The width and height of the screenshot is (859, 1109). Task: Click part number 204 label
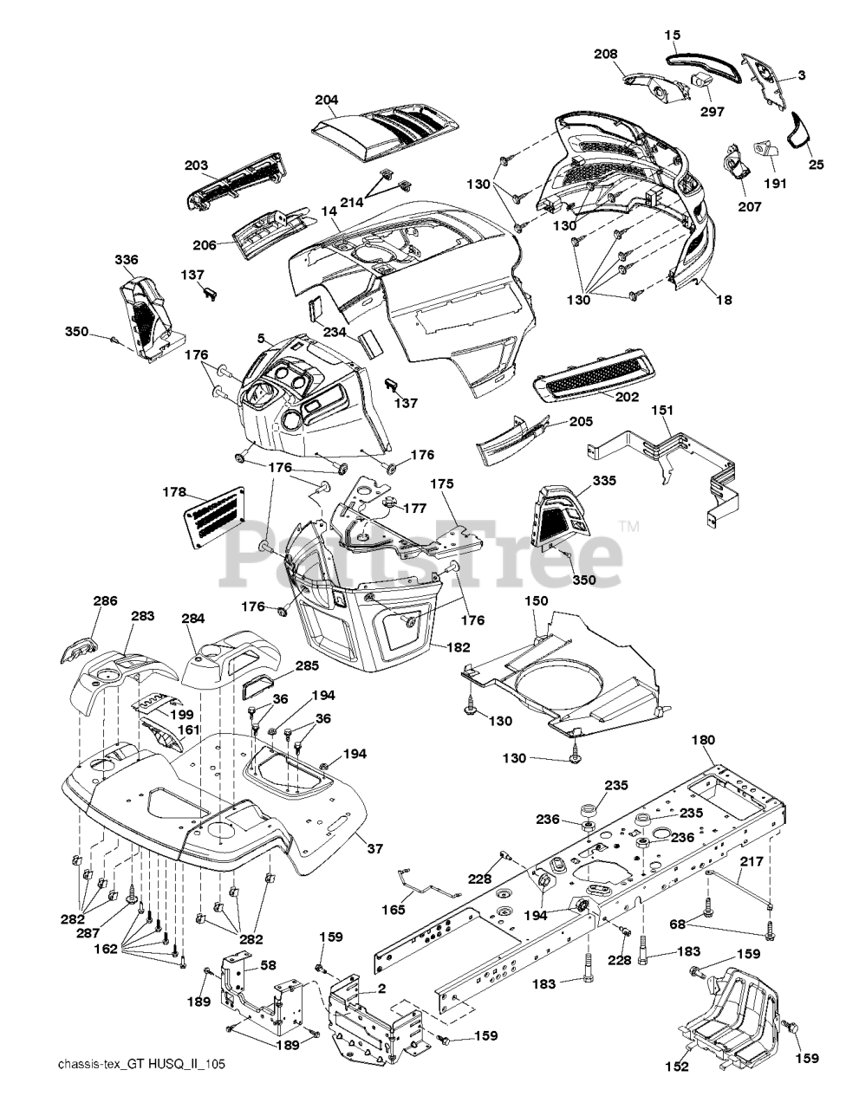click(x=327, y=100)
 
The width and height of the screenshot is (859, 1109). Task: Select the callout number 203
click(x=197, y=165)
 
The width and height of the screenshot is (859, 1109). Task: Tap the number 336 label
click(x=127, y=260)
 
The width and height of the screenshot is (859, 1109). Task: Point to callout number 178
click(x=174, y=492)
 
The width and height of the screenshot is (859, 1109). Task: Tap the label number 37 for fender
click(x=374, y=849)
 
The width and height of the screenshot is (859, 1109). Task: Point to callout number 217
click(x=752, y=862)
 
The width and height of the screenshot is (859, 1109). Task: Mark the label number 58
click(x=269, y=964)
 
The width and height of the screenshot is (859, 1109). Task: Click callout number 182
click(x=459, y=647)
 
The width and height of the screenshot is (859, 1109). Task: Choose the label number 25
click(x=817, y=162)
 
